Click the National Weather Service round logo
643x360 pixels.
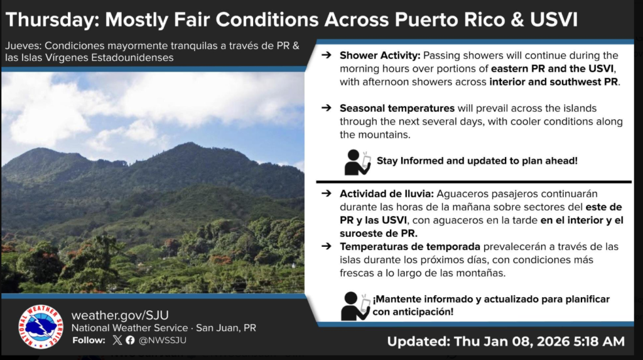click(41, 326)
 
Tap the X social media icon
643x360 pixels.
click(117, 340)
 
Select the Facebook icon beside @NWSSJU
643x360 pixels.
click(130, 340)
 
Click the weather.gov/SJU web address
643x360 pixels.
click(120, 315)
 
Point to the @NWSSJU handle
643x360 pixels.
click(163, 341)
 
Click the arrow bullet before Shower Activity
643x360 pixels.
click(327, 55)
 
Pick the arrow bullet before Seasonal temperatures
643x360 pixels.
click(327, 108)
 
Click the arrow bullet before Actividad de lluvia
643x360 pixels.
click(327, 194)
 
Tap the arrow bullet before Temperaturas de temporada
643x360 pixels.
click(327, 246)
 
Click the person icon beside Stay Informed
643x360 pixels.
click(357, 163)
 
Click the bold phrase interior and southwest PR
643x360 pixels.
click(554, 82)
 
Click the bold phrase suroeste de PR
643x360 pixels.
click(378, 233)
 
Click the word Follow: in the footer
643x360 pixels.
click(89, 341)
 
